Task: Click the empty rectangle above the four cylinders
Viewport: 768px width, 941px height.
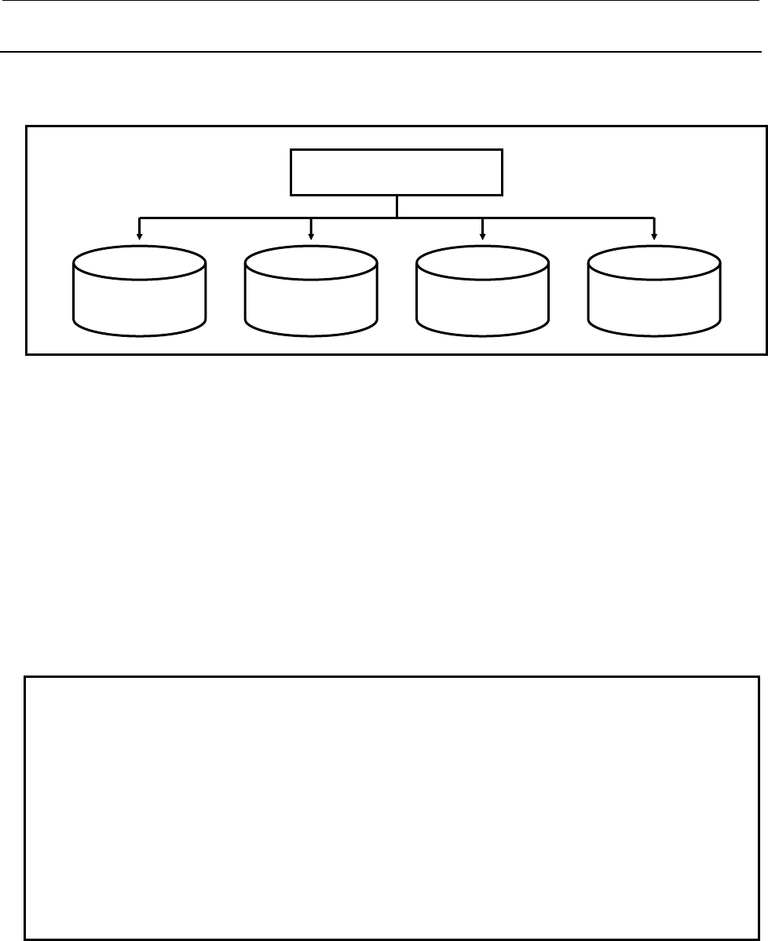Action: tap(397, 172)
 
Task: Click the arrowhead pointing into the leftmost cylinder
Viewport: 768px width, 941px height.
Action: tap(140, 234)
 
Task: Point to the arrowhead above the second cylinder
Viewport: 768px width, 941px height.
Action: tap(312, 234)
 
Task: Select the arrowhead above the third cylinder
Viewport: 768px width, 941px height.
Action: tap(483, 234)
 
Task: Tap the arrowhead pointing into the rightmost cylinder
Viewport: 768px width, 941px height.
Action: tap(655, 234)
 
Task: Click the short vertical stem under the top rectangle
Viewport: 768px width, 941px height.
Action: tap(397, 206)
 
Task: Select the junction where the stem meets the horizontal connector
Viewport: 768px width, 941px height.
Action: tap(397, 216)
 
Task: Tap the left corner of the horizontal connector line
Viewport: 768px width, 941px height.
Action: tap(140, 216)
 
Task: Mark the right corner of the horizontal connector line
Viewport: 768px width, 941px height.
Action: tap(655, 216)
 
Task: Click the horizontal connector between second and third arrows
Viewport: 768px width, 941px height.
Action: tap(353, 216)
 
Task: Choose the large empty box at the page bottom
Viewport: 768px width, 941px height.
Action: tap(391, 807)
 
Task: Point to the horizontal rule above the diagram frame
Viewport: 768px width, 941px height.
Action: tap(383, 53)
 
